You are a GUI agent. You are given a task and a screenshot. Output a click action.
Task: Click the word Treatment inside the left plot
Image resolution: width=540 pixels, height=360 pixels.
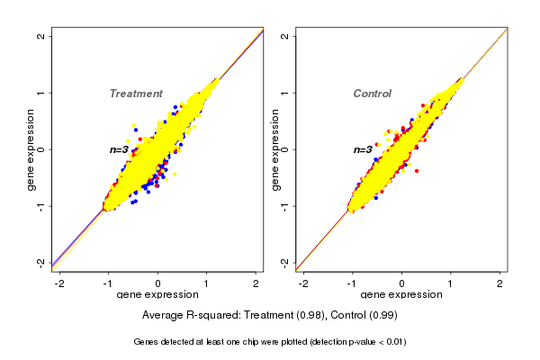click(x=135, y=94)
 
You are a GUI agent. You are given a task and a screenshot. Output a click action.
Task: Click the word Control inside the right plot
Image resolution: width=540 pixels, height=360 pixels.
click(x=372, y=94)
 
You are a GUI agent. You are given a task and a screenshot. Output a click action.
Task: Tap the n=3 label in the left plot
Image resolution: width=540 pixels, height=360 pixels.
click(x=120, y=149)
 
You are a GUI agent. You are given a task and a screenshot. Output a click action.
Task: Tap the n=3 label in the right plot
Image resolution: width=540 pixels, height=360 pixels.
click(x=363, y=149)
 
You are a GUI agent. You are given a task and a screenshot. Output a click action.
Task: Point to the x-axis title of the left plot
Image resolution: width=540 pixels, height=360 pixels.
click(x=157, y=294)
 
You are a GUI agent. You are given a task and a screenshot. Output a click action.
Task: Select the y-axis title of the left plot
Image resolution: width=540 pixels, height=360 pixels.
click(x=32, y=149)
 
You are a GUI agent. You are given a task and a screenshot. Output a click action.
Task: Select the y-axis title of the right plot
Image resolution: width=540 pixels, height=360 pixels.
click(x=276, y=149)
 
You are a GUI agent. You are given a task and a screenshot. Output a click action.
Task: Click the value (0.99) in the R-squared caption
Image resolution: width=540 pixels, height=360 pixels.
click(x=382, y=315)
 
